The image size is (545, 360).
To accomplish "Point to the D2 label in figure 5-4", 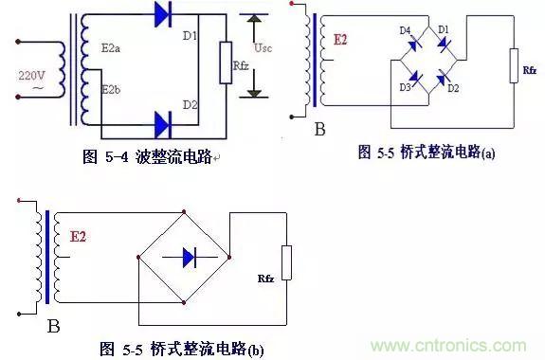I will coord(191,104).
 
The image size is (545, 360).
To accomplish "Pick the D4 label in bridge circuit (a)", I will coord(405,31).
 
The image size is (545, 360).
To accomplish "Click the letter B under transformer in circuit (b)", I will coord(54,328).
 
